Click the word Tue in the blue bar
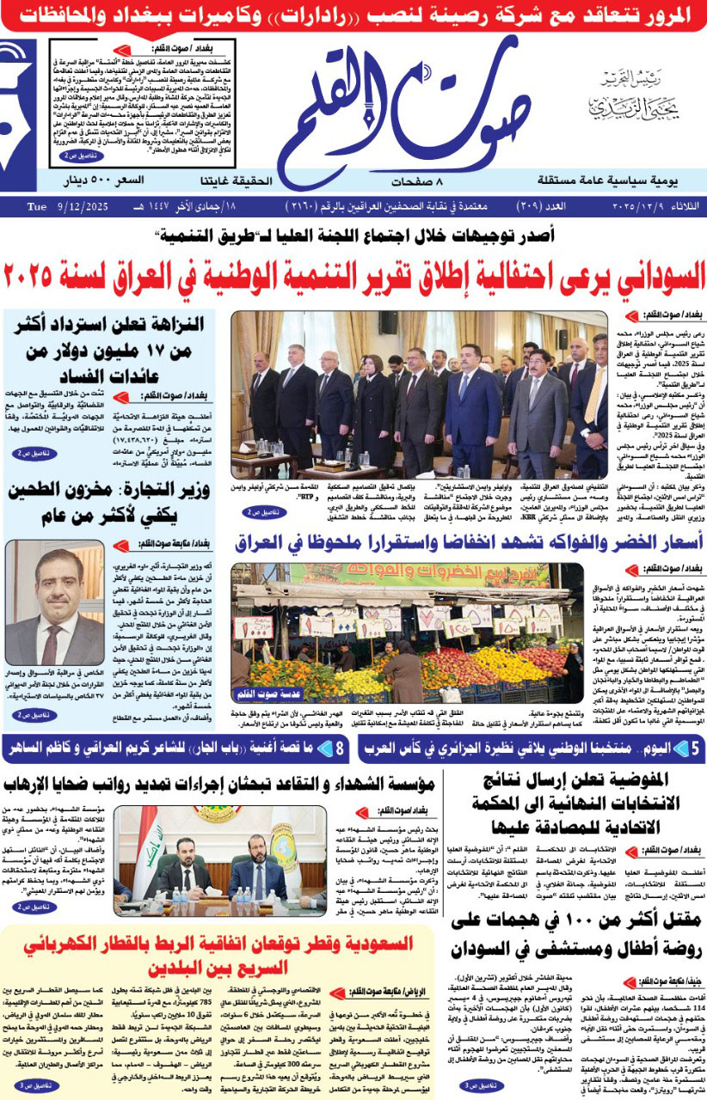point(36,207)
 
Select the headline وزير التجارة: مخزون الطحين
point(108,503)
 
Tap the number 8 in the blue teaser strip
point(340,749)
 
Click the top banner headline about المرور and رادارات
point(353,14)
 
